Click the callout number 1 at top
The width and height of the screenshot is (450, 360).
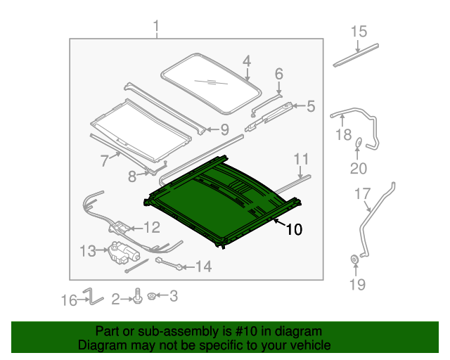click(156, 27)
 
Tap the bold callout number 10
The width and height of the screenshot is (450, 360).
click(294, 229)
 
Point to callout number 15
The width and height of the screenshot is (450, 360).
click(359, 32)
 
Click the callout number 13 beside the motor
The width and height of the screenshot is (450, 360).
click(88, 250)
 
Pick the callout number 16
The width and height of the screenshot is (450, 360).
click(68, 300)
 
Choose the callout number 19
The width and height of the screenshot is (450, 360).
click(358, 284)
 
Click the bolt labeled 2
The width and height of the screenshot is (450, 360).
click(139, 298)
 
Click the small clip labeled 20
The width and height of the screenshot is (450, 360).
click(359, 143)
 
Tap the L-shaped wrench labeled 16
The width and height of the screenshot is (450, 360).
click(89, 296)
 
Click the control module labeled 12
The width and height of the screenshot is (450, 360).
click(121, 228)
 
